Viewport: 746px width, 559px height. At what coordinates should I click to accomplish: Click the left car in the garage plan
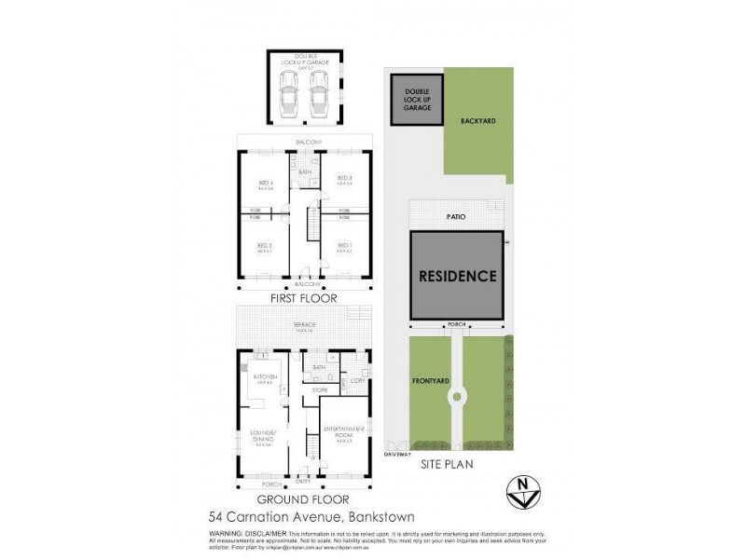(291, 93)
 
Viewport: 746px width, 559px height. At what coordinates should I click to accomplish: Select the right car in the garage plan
(319, 93)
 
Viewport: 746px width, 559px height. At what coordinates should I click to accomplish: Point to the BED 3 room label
(344, 178)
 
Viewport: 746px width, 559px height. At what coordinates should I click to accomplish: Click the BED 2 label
(265, 247)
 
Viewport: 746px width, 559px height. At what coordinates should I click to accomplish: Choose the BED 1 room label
(344, 247)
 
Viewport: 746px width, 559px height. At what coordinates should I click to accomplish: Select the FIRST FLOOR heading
(304, 299)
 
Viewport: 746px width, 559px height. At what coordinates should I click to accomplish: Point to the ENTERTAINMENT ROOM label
(343, 431)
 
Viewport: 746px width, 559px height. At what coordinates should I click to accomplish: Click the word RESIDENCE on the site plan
(457, 277)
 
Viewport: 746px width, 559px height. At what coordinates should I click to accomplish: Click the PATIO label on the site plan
(457, 216)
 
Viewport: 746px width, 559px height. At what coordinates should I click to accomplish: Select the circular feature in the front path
(457, 397)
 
